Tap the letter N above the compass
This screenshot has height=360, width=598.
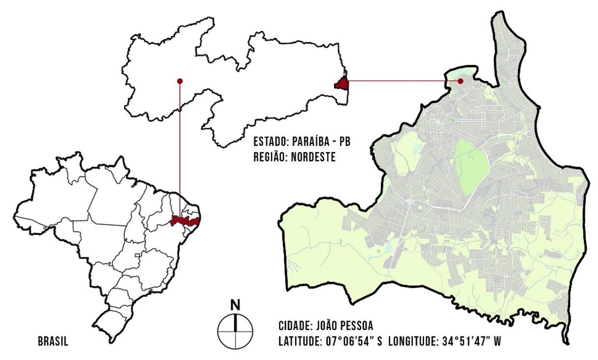[236, 305]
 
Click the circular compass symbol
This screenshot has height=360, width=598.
[236, 331]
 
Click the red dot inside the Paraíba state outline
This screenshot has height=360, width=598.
[180, 81]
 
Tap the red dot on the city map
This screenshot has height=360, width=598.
[461, 81]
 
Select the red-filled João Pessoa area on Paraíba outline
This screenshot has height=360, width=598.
[342, 84]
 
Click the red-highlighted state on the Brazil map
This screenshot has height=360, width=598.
[185, 221]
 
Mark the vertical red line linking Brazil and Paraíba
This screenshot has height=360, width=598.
[180, 147]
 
